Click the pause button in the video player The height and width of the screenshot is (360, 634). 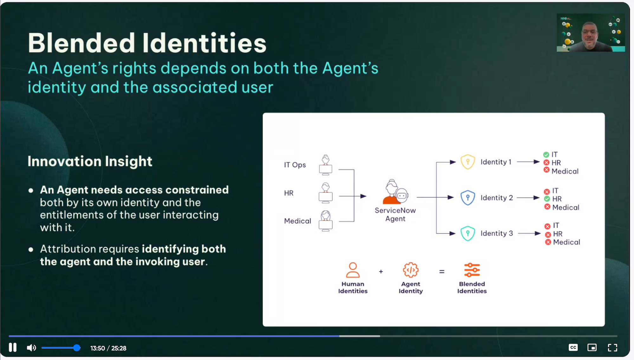pos(13,348)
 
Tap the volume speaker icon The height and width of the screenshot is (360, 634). pos(31,348)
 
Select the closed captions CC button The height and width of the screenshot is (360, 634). pos(573,348)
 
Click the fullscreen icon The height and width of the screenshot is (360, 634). pos(612,348)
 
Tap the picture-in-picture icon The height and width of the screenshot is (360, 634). pos(592,348)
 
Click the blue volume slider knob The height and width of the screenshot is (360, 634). pos(76,348)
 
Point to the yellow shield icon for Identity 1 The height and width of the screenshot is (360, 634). pos(468,162)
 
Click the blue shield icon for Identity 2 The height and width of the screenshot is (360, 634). pos(468,198)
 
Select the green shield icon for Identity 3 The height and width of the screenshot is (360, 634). pos(468,233)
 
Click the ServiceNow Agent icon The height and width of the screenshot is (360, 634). pos(395,192)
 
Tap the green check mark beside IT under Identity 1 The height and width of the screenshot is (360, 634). pos(546,155)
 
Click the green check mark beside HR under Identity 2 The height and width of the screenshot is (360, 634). pos(547,199)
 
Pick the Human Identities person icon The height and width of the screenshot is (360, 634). pos(353,270)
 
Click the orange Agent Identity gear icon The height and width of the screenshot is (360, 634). pos(411,270)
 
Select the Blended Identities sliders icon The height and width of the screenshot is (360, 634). pos(472,270)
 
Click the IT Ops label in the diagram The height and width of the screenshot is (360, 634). pos(295,165)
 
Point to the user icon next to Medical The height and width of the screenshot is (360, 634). pos(326,221)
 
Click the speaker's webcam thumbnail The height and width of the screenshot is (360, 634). pos(591,33)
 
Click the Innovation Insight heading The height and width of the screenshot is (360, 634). pos(90,161)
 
